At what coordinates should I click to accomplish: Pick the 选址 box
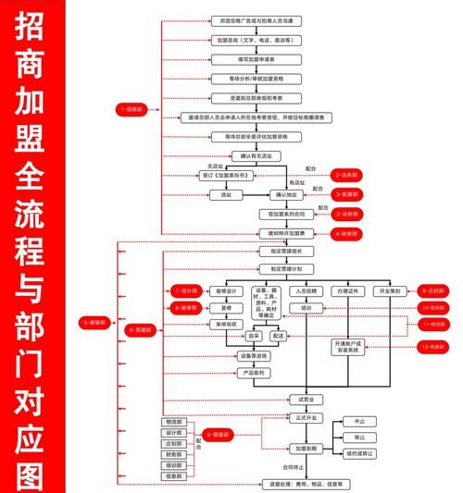pyautogui.click(x=225, y=195)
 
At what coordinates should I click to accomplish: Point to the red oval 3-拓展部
pyautogui.click(x=346, y=195)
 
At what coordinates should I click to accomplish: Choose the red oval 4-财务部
pyautogui.click(x=346, y=234)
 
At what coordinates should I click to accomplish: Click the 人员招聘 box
pyautogui.click(x=307, y=290)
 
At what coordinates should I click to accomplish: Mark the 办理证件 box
pyautogui.click(x=348, y=290)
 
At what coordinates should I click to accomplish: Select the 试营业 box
pyautogui.click(x=306, y=400)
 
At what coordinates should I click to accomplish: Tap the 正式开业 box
pyautogui.click(x=306, y=418)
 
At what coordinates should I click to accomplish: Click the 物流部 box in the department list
pyautogui.click(x=174, y=422)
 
